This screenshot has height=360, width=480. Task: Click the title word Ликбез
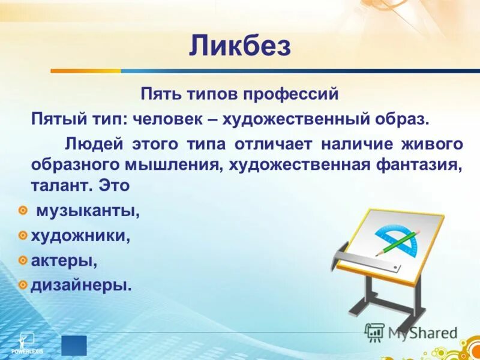[x=240, y=46]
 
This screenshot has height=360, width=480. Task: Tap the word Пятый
[x=55, y=118]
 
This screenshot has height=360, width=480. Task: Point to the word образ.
[x=403, y=118]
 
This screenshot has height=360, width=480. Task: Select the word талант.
[x=58, y=186]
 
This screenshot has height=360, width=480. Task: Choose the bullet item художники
[x=80, y=236]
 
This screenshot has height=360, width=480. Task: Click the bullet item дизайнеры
[x=80, y=284]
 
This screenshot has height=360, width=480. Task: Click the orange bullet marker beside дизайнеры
[x=23, y=284]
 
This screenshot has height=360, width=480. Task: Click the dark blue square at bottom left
[x=73, y=346]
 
